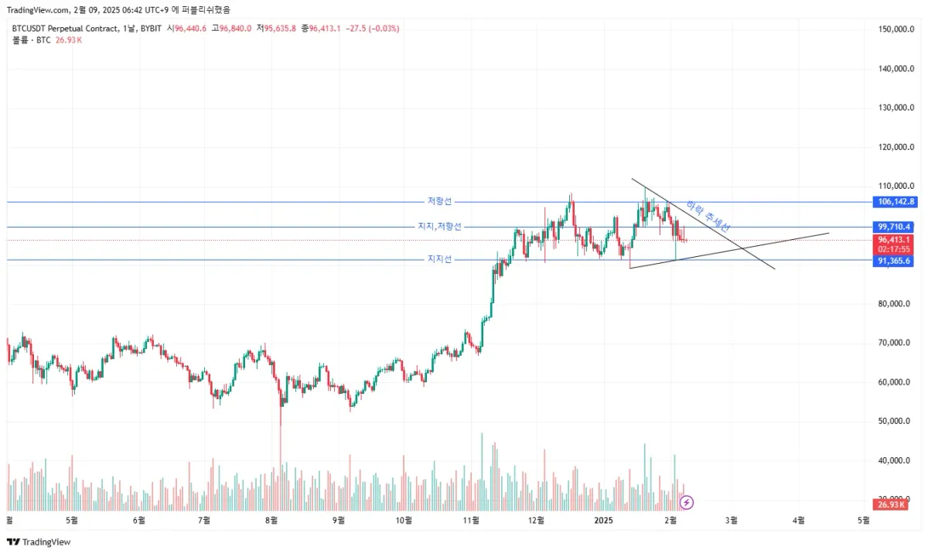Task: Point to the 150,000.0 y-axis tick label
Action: [x=897, y=29]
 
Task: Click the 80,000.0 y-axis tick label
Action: [x=897, y=304]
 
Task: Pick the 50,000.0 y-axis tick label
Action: [x=897, y=422]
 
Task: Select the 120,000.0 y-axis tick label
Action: [x=897, y=147]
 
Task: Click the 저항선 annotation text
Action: [x=438, y=201]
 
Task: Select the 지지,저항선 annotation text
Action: [x=439, y=227]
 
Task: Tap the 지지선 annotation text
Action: [x=438, y=259]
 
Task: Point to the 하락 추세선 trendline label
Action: [x=708, y=217]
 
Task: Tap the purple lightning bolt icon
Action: [x=686, y=502]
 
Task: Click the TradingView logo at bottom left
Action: [x=38, y=542]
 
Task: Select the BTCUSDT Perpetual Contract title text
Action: [x=65, y=29]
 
